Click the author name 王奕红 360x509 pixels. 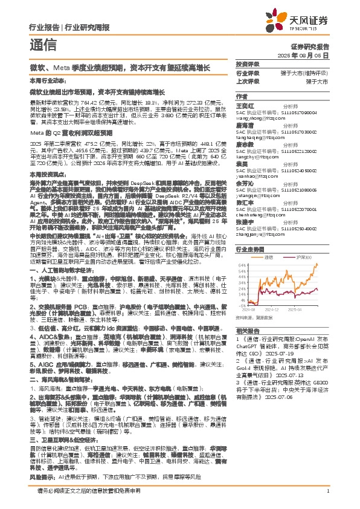tap(244, 105)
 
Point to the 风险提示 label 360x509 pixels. tap(41, 476)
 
